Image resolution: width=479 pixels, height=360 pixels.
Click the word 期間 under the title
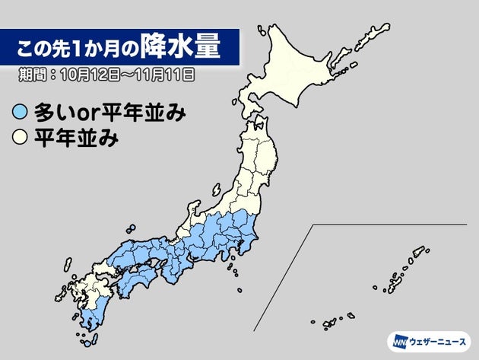[34, 75]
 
